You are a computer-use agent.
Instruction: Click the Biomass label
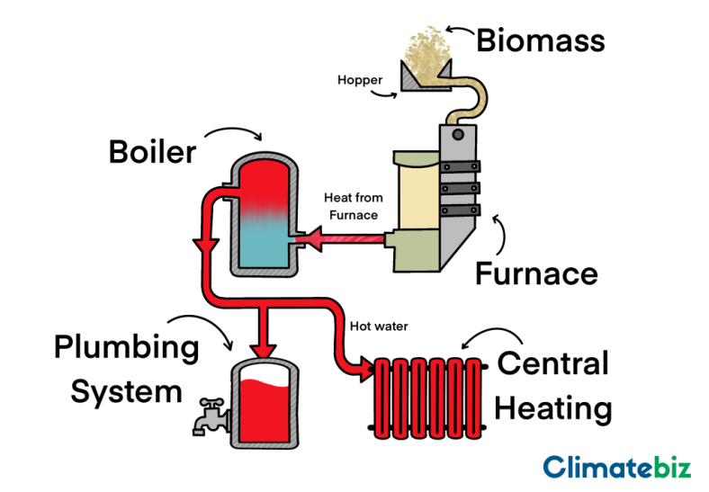click(540, 40)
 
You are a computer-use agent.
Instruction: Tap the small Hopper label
click(360, 80)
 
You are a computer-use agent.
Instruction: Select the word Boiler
click(152, 151)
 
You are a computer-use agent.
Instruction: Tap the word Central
click(552, 364)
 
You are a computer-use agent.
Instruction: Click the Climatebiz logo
click(616, 467)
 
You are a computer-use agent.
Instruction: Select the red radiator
click(428, 397)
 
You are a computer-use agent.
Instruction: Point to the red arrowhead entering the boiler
click(309, 238)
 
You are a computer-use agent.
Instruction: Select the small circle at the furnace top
click(458, 134)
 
